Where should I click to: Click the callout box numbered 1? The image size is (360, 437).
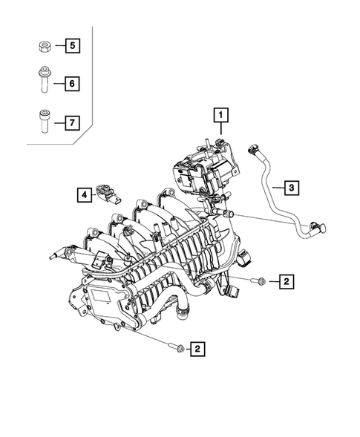[x=220, y=115]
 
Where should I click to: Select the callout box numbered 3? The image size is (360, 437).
[x=292, y=188]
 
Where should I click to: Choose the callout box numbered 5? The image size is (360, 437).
[x=72, y=47]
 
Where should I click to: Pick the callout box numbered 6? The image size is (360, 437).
[x=72, y=84]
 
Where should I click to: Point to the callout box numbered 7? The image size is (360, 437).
[x=72, y=122]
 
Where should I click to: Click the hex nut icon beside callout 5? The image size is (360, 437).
[x=42, y=47]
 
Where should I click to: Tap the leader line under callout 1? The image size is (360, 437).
[x=220, y=128]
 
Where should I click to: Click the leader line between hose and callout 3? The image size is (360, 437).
[x=276, y=188]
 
